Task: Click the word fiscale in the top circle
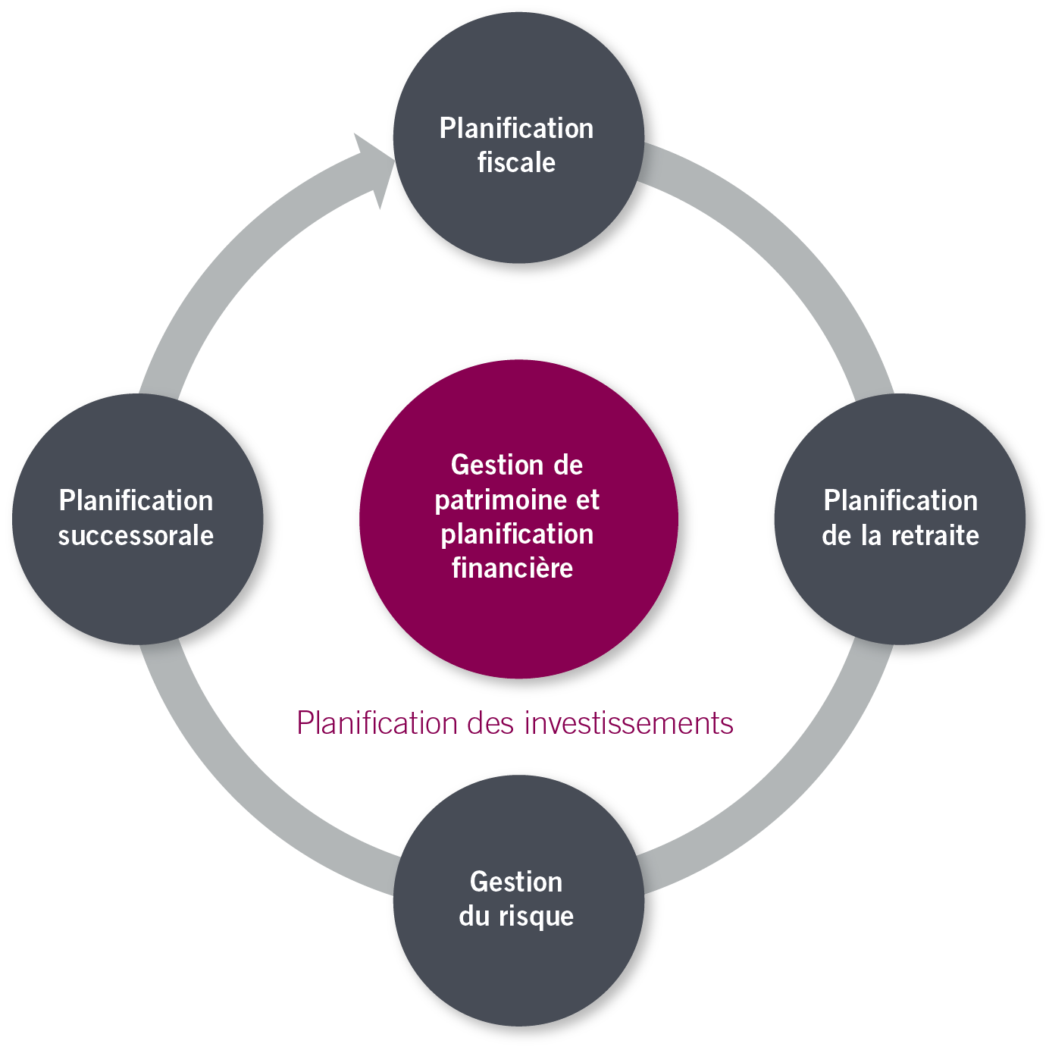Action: point(516,163)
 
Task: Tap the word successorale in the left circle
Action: point(136,536)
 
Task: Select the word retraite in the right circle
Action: point(935,536)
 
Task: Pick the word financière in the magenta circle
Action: point(512,568)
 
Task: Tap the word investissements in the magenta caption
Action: point(628,723)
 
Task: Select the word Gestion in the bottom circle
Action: point(516,882)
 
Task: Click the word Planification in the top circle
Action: point(516,128)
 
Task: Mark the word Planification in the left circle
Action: point(136,500)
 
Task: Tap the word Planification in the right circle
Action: point(900,500)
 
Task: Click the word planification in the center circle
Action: point(517,534)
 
